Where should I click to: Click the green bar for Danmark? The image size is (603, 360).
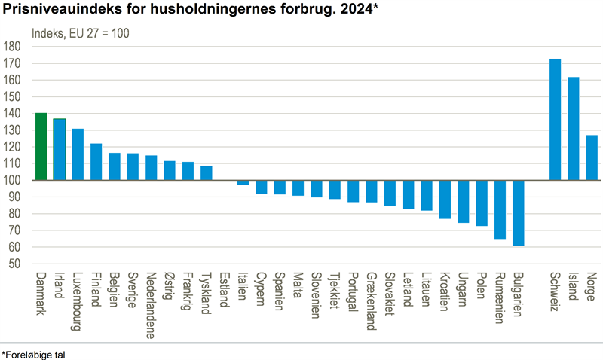point(41,147)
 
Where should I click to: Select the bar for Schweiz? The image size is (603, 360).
point(555,120)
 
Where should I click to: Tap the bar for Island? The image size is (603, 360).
point(574,129)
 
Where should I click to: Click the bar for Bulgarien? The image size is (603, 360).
point(518,213)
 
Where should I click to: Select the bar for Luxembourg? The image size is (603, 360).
point(78,154)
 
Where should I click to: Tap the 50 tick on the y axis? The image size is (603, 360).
point(14,264)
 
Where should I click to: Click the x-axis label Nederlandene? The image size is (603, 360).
point(152,305)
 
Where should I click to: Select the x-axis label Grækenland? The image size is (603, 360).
point(371,302)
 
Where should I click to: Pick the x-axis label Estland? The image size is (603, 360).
point(225,289)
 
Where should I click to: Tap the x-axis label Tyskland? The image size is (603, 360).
point(207,293)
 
